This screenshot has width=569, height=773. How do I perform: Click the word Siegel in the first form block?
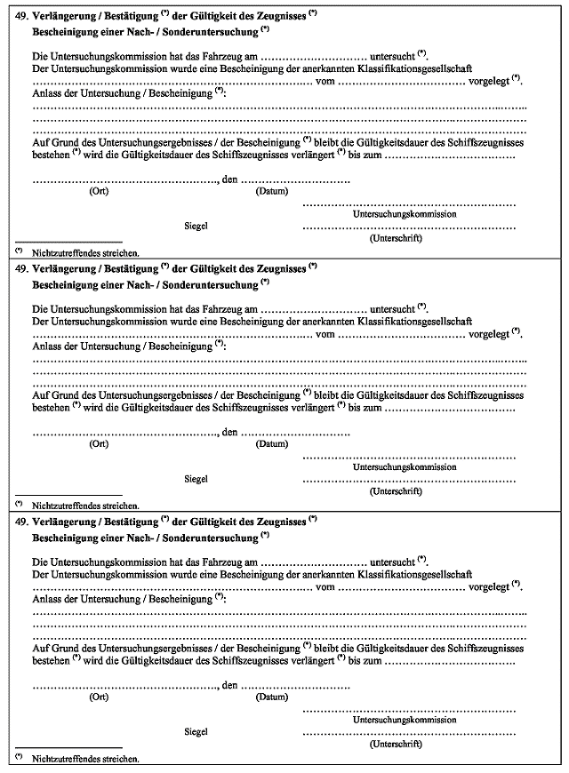196,226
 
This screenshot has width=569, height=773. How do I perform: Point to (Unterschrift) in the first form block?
395,238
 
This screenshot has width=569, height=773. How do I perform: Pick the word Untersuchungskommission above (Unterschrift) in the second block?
405,466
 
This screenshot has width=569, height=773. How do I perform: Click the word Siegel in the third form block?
196,731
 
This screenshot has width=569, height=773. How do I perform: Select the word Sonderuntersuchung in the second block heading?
203,283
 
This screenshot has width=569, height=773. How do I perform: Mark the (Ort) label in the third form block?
99,697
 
